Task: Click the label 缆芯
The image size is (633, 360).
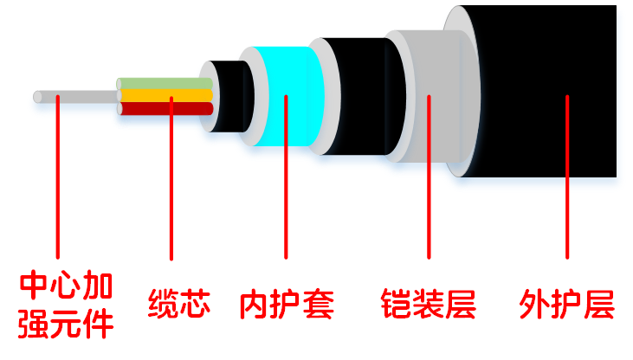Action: (x=179, y=305)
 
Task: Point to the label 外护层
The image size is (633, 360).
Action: (x=566, y=305)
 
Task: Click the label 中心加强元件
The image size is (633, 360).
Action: (x=67, y=305)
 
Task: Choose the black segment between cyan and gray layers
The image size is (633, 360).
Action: (x=355, y=95)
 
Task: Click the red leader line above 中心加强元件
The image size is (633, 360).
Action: (x=57, y=190)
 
